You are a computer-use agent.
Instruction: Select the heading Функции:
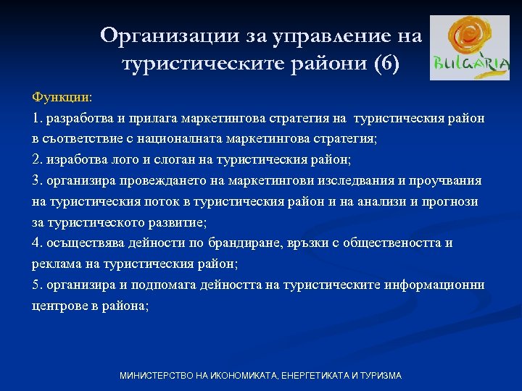62,96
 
